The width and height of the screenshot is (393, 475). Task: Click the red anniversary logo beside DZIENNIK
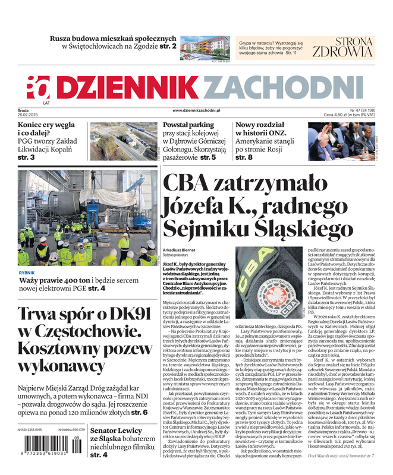point(39,87)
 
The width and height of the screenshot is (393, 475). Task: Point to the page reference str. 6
point(139,412)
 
